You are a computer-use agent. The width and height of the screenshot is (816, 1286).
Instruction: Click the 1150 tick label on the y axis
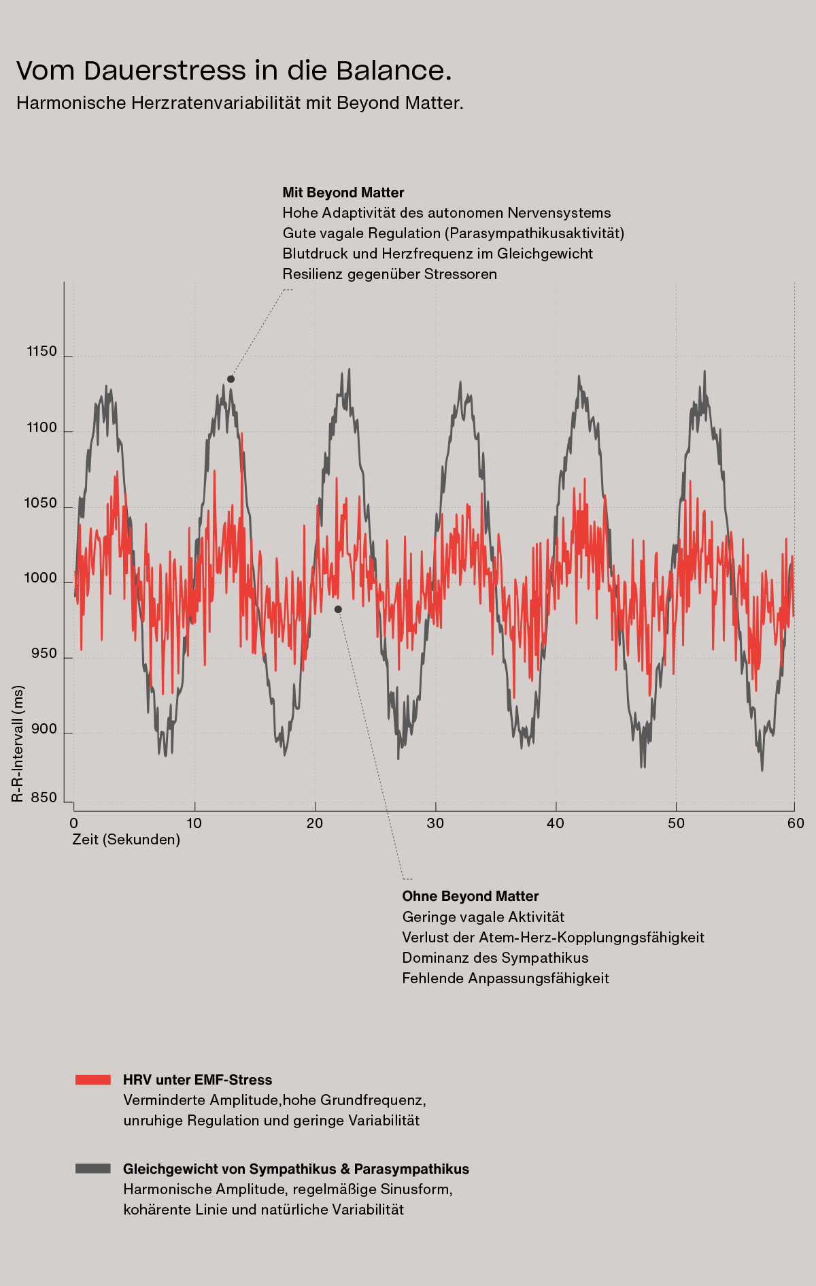pos(41,352)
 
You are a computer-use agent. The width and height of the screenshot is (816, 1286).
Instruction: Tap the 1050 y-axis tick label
pos(41,504)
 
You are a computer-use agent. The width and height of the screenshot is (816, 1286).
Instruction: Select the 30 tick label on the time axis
pos(435,823)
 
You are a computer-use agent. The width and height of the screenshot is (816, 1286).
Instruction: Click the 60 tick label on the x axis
pos(796,823)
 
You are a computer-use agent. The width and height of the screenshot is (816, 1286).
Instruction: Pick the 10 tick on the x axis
pos(194,823)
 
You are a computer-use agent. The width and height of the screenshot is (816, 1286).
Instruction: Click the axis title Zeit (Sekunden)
pos(126,840)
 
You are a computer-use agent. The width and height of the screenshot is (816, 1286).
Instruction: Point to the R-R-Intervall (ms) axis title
pos(18,744)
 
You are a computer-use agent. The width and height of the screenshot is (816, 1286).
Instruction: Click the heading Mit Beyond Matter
pos(343,193)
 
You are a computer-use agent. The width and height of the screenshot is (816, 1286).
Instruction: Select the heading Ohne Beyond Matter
pos(471,896)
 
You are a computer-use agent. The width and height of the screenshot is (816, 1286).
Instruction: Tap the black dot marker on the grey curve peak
pos(231,379)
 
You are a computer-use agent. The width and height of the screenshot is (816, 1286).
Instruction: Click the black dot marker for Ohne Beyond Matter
pos(338,610)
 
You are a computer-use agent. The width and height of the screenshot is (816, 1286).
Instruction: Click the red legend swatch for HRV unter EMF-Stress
pos(93,1080)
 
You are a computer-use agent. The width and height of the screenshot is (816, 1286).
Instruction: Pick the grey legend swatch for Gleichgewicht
pos(93,1169)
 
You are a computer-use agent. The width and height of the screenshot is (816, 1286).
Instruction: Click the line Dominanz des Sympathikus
pos(495,958)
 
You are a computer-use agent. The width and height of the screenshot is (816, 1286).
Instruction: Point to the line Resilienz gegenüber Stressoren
pos(390,274)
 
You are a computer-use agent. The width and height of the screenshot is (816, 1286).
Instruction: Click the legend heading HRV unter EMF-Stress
pos(197,1080)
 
